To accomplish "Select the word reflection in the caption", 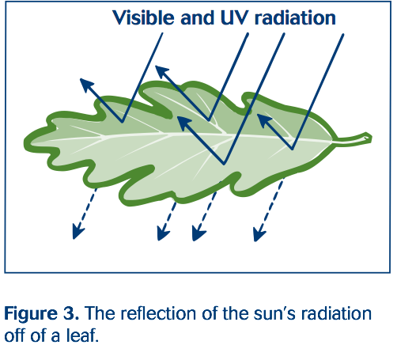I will (145, 313).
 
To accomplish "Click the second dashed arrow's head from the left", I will (162, 235).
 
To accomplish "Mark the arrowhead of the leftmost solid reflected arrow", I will (82, 81).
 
